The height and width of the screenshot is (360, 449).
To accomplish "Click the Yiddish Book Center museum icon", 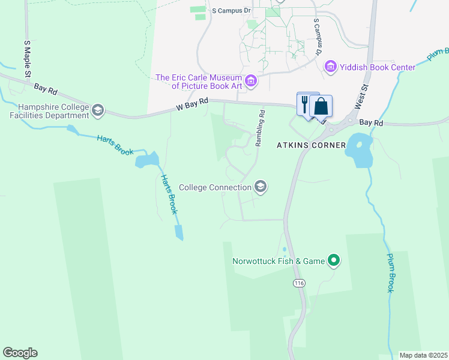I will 330,67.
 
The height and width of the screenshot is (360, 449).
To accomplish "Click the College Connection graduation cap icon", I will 261,187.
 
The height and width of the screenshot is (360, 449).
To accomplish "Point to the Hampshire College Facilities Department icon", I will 98,111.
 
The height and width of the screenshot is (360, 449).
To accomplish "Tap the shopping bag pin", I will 321,107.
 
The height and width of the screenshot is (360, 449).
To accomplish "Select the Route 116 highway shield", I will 298,282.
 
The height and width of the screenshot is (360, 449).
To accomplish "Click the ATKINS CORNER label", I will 311,145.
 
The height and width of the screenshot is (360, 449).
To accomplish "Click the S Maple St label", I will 27,59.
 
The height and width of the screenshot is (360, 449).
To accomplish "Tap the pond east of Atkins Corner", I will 358,152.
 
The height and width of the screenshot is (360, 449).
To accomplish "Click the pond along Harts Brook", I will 147,160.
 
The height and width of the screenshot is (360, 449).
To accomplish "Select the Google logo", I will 20,353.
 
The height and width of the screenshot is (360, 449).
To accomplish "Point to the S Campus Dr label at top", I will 231,11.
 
